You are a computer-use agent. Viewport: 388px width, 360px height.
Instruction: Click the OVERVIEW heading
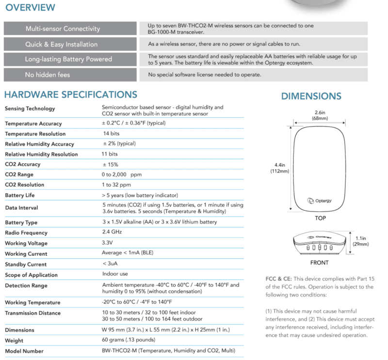(x=30, y=8)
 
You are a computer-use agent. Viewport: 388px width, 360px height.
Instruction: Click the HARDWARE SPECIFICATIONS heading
(x=71, y=94)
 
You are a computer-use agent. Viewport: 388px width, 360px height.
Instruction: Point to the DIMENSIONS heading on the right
(x=311, y=96)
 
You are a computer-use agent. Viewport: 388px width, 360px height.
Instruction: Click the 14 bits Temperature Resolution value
(x=111, y=133)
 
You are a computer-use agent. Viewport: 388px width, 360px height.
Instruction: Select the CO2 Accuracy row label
(x=23, y=164)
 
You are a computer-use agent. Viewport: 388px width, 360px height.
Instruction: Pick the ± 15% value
(x=110, y=164)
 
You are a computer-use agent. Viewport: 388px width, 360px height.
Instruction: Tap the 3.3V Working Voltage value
(x=108, y=243)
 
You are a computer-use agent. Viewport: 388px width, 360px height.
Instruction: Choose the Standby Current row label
(x=26, y=265)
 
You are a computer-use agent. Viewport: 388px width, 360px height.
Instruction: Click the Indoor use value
(x=114, y=274)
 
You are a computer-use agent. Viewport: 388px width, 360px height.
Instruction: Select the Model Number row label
(x=24, y=351)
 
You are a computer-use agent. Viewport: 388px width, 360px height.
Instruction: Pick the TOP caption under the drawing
(x=319, y=218)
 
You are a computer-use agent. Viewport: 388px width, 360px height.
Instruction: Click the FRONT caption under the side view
(x=319, y=263)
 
